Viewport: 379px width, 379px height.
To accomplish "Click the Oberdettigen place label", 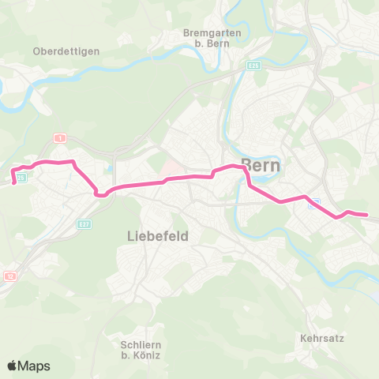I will (66, 51).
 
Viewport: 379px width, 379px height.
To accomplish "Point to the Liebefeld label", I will (158, 236).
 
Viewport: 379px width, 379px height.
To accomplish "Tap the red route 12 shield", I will (9, 276).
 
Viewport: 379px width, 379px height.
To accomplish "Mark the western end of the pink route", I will (14, 183).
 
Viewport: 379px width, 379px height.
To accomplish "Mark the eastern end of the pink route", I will (366, 214).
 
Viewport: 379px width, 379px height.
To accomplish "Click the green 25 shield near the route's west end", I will (21, 178).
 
